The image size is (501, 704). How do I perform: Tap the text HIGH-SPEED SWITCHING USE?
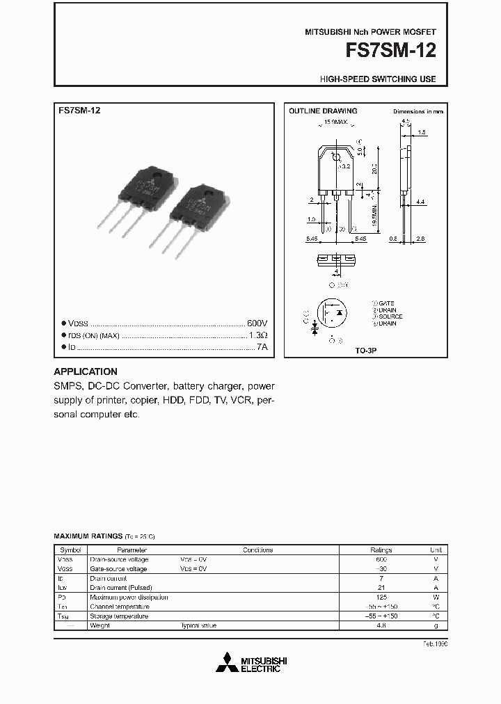tap(378, 79)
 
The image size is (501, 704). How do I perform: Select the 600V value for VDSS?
tap(257, 323)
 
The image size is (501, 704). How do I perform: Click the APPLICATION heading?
tap(86, 371)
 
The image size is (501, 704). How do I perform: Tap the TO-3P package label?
tap(366, 352)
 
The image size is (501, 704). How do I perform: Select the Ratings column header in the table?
tap(381, 550)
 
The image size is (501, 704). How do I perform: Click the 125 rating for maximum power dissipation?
tap(381, 597)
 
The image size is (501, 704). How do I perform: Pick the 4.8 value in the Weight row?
tap(381, 625)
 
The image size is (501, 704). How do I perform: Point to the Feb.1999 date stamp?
tap(435, 644)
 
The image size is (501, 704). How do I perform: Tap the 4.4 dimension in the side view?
tap(421, 202)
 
